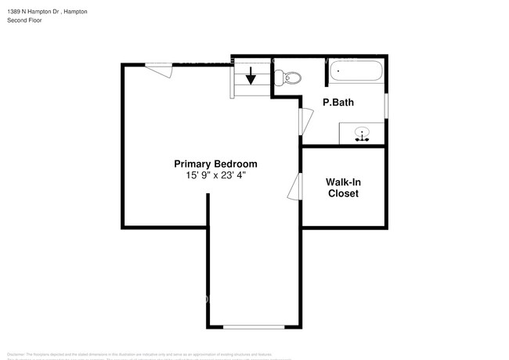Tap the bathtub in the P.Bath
click(356, 72)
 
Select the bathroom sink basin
click(362, 133)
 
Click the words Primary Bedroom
click(215, 164)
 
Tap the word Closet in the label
click(343, 193)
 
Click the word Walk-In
click(343, 182)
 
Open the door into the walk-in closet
click(295, 187)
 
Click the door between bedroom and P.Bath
click(306, 121)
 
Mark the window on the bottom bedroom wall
click(254, 326)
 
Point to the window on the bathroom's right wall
click(387, 105)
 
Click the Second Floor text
click(25, 20)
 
